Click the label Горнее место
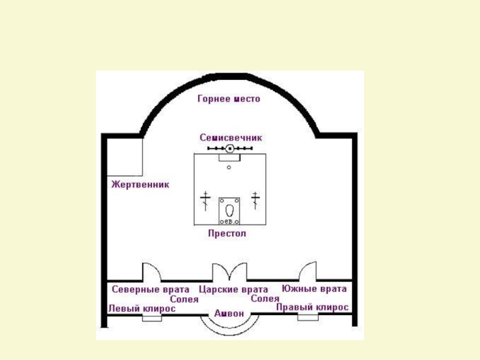coord(229,99)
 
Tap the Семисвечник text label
coord(230,137)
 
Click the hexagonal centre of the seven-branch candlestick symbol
coord(229,148)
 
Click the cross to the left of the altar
coord(206,200)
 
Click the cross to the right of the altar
coord(256,200)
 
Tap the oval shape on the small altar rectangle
coord(229,211)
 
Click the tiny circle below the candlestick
coord(229,167)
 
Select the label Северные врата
coord(151,289)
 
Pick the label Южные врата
coord(314,289)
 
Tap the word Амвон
coord(229,313)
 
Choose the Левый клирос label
coord(142,308)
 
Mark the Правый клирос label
coord(312,307)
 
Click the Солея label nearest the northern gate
coord(184,298)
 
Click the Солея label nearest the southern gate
coord(265,298)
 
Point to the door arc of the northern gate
coord(150,271)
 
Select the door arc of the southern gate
coord(308,271)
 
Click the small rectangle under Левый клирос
coord(152,319)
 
